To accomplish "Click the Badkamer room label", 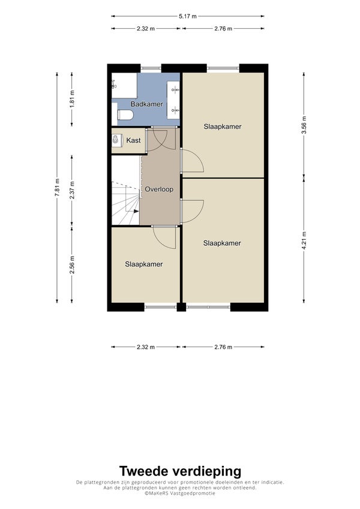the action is (147, 104).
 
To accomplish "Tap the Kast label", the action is (134, 140).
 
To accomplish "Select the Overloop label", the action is (159, 189).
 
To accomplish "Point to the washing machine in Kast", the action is (115, 140).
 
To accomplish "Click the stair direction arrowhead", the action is (136, 211).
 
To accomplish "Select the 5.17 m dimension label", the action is (187, 16).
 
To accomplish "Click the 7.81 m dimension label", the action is (57, 188).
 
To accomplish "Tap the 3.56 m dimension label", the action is (304, 125).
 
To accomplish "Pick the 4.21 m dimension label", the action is (304, 240).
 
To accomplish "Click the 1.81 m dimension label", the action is (72, 99).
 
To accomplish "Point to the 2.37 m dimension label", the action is (72, 190).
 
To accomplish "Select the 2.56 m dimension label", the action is (72, 265).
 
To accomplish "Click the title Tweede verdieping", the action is (181, 471).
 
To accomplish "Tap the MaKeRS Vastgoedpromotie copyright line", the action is (180, 493).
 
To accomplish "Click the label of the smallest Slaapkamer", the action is (144, 264).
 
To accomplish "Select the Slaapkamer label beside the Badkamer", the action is (223, 127).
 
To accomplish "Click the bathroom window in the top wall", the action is (151, 68).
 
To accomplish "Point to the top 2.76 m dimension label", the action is (223, 29).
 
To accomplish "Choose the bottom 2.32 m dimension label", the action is (146, 347).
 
